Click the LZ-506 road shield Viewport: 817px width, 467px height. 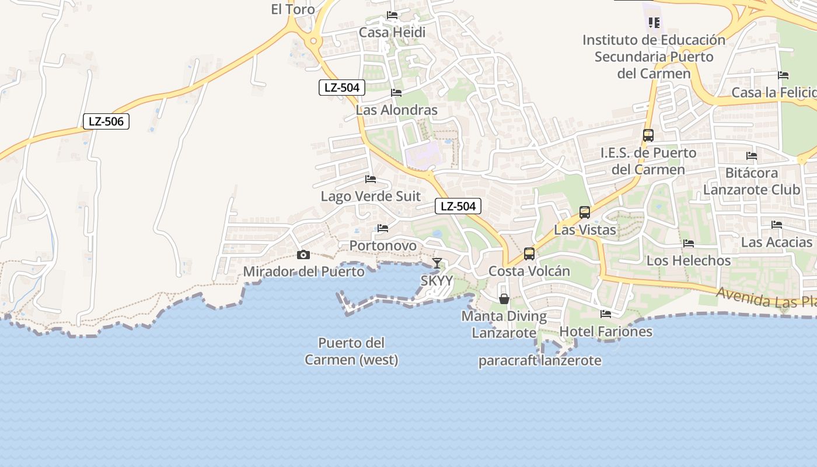(x=106, y=121)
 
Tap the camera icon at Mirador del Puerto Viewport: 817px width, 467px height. (x=303, y=255)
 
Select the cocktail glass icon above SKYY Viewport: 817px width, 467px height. (x=437, y=263)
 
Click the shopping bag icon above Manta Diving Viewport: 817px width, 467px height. (x=504, y=299)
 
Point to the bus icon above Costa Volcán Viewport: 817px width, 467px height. (x=529, y=254)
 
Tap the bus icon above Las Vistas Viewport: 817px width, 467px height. (x=585, y=212)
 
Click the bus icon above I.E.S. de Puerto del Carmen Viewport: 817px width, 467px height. (x=648, y=135)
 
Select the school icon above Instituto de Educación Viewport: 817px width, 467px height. (x=654, y=23)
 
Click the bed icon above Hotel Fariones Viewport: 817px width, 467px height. (x=606, y=314)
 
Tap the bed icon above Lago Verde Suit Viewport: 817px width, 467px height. (x=371, y=179)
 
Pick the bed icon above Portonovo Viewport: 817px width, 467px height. (x=383, y=228)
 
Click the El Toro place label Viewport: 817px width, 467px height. (x=293, y=9)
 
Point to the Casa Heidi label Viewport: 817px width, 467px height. (x=392, y=32)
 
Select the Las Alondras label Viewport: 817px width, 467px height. (x=396, y=110)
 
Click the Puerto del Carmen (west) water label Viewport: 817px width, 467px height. (x=351, y=351)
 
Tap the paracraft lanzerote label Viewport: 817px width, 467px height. (x=540, y=360)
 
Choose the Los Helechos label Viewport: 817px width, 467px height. (x=689, y=260)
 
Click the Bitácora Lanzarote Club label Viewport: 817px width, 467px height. (x=752, y=181)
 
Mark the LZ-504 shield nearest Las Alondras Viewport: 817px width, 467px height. (x=342, y=88)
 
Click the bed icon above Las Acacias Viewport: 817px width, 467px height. (x=777, y=224)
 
